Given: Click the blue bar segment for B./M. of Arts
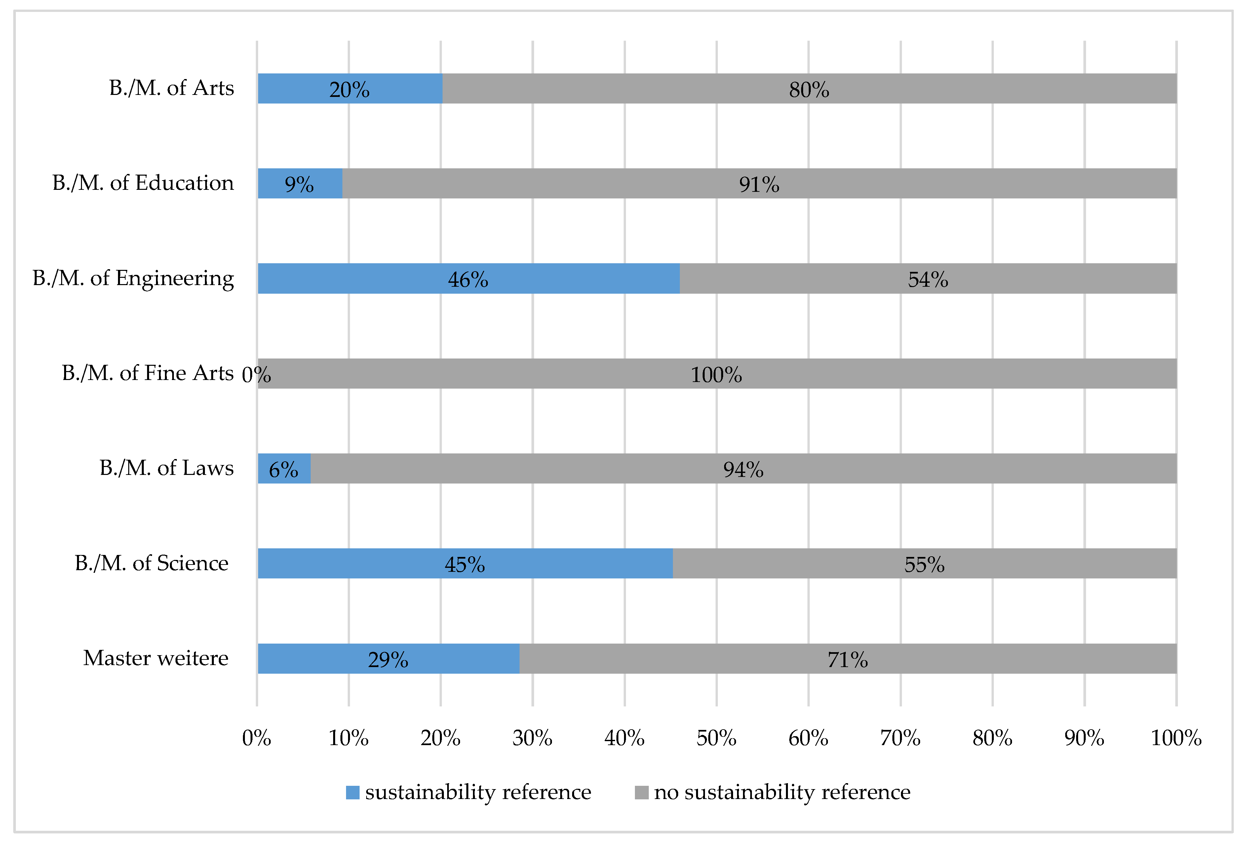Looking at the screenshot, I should [x=300, y=89].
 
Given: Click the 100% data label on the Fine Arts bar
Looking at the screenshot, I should [x=716, y=375].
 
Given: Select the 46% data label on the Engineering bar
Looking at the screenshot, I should [x=468, y=280].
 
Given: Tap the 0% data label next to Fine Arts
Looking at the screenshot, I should [x=256, y=375].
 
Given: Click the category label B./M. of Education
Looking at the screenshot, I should [x=143, y=183].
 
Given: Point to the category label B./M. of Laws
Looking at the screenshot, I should [x=166, y=468].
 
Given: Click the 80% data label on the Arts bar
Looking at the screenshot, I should [x=809, y=90].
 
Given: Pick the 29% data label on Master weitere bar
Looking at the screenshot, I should [x=387, y=660].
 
